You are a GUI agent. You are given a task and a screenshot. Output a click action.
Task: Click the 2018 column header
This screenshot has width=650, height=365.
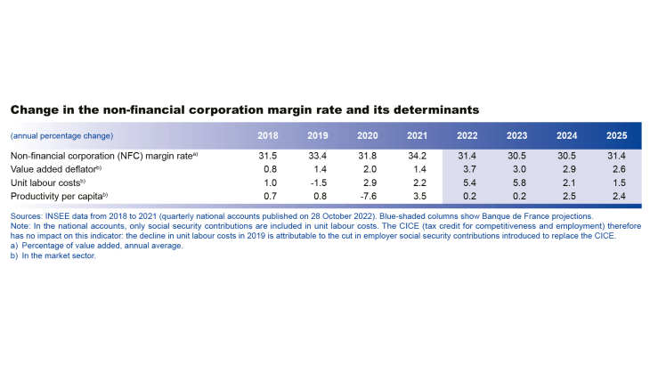click(x=266, y=136)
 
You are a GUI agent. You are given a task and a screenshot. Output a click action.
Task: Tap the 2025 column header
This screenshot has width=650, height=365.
click(x=614, y=136)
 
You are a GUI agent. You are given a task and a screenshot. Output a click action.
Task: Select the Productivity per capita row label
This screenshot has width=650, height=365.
click(x=59, y=195)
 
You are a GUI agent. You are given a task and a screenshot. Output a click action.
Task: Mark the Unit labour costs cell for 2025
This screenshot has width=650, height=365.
click(x=614, y=182)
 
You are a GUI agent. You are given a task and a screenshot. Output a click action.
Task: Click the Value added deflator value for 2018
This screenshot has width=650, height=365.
click(x=266, y=168)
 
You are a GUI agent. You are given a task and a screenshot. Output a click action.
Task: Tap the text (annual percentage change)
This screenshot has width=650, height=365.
click(x=61, y=136)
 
